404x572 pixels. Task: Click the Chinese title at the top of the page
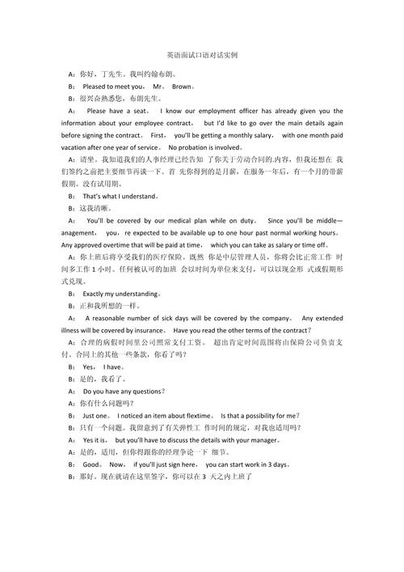point(201,56)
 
